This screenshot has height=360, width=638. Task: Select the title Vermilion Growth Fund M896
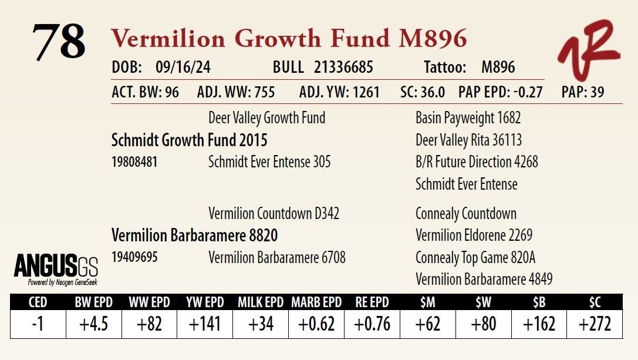coord(289,39)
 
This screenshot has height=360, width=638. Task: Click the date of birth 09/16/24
coord(183,68)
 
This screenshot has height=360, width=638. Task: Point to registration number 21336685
coord(343,68)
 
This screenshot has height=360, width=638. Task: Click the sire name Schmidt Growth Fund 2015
coord(189,140)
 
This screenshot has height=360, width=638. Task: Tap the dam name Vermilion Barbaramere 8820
coord(194,235)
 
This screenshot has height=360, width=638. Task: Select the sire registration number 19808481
coord(134,162)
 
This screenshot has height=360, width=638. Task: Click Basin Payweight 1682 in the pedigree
coord(468,118)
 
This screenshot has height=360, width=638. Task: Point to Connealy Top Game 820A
coord(475,257)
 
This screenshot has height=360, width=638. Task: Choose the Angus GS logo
coord(56,269)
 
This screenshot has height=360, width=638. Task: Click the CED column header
coord(38,302)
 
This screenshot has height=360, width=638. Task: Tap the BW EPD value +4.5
coord(93,324)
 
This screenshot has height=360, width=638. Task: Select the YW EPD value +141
coord(205,324)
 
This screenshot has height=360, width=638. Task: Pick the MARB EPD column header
coord(316,302)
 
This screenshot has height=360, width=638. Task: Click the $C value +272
coord(595,324)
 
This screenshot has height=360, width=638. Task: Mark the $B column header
coord(539,302)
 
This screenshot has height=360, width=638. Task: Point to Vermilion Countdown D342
coord(274,213)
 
